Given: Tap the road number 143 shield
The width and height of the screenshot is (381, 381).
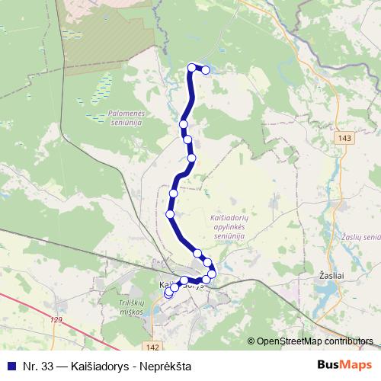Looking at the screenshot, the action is (345, 137).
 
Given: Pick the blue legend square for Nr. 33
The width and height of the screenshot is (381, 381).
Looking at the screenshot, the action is (11, 366).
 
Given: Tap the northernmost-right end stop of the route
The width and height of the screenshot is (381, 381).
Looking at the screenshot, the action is (206, 70).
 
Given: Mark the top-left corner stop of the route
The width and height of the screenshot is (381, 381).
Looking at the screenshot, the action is (192, 68).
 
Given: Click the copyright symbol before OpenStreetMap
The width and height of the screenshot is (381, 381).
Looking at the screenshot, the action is (251, 341).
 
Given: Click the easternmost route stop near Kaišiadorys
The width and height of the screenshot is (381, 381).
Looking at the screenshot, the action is (212, 274).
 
